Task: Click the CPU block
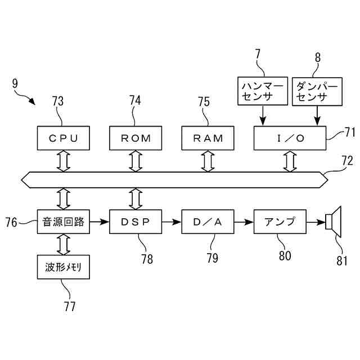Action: [63, 138]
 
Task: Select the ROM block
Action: [135, 138]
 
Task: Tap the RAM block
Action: [208, 138]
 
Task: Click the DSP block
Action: [135, 222]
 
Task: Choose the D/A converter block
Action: [208, 222]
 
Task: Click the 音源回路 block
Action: [63, 222]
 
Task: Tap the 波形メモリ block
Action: [63, 268]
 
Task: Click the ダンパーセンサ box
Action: [317, 92]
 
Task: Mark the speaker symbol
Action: [334, 222]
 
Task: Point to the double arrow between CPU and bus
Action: [63, 161]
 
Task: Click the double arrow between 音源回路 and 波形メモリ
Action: [63, 245]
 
